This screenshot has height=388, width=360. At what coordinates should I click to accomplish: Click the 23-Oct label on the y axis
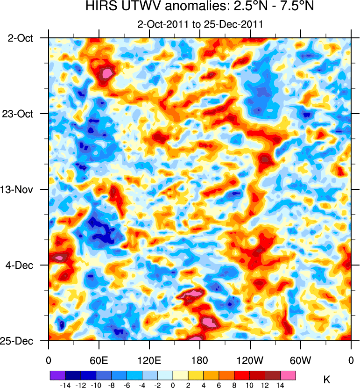pyautogui.click(x=20, y=114)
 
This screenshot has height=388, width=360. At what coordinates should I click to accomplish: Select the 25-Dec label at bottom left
pyautogui.click(x=20, y=341)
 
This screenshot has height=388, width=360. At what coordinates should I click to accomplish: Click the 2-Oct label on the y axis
pyautogui.click(x=21, y=38)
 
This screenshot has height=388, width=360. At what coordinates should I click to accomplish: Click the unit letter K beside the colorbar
pyautogui.click(x=326, y=378)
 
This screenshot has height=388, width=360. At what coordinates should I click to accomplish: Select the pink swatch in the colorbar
pyautogui.click(x=289, y=375)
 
